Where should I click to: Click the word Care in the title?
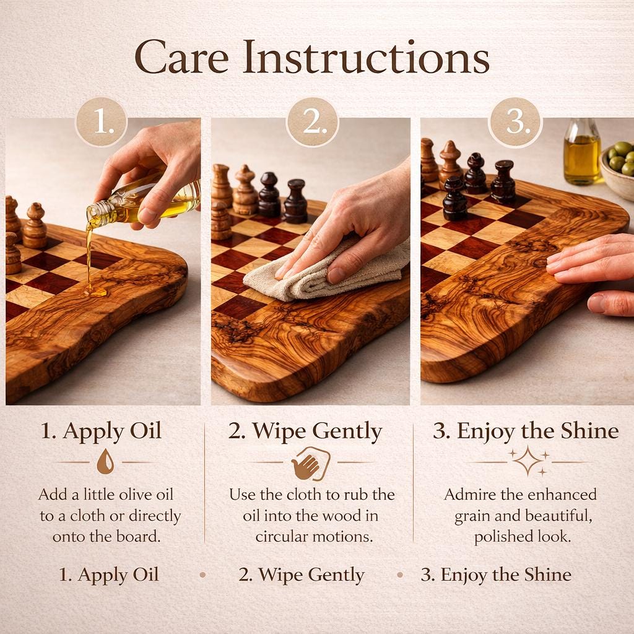(x=181, y=57)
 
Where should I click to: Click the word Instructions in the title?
(x=366, y=57)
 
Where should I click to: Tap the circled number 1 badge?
(x=102, y=122)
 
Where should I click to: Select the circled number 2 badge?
(x=312, y=122)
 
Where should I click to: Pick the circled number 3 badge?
(x=515, y=122)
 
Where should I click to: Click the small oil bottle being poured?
(x=144, y=203)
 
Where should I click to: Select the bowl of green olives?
(x=617, y=170)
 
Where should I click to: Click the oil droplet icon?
(x=105, y=462)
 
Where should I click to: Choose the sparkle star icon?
(x=528, y=461)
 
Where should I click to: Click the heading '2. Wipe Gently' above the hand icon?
(x=305, y=432)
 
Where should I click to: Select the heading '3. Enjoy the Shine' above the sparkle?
(x=526, y=431)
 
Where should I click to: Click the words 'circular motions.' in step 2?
(x=314, y=537)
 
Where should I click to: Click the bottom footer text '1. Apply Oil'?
(x=109, y=575)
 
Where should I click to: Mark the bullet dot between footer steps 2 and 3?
(x=400, y=575)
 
